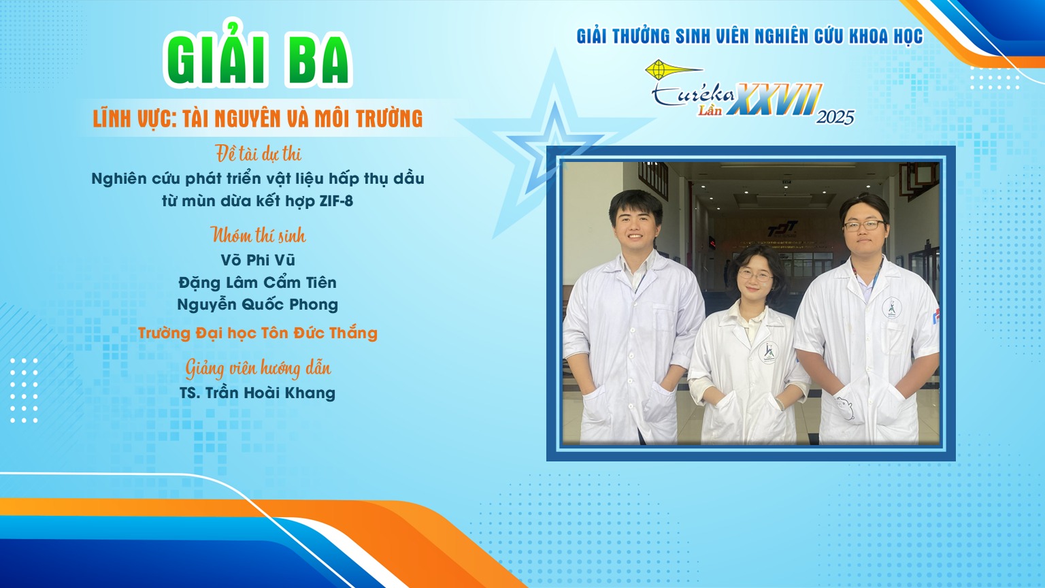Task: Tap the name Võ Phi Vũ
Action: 258,260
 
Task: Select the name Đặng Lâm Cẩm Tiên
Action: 258,282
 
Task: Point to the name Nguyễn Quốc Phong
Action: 258,305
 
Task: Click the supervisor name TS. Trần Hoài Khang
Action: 258,393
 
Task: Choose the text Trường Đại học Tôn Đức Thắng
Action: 258,333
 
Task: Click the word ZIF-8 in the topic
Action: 336,201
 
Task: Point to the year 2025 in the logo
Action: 835,117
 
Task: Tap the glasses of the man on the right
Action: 864,226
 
